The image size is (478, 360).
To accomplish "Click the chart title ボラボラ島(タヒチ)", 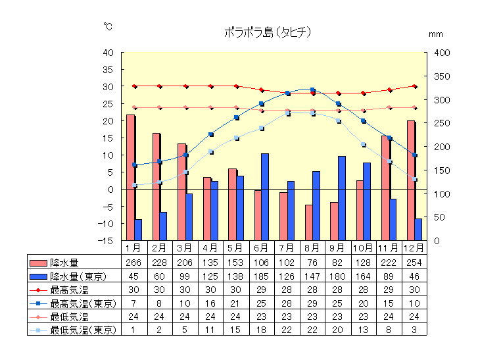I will click(267, 32).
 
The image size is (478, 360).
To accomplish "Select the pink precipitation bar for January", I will click(130, 178).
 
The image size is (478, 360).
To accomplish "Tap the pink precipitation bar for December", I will click(411, 180).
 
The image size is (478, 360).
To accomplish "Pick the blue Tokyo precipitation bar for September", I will click(342, 198).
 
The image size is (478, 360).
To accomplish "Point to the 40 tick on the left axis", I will click(108, 53).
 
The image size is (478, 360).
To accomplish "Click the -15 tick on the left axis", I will click(106, 241).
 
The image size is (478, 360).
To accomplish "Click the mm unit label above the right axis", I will click(436, 33).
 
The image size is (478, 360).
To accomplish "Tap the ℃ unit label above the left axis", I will click(108, 27).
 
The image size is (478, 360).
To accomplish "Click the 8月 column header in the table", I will click(312, 248).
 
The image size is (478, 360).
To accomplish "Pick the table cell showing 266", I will click(133, 263).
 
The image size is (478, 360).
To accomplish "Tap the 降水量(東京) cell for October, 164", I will click(363, 276).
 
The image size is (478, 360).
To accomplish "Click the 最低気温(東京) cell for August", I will click(312, 330).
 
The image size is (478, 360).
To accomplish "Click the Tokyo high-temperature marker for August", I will click(313, 90).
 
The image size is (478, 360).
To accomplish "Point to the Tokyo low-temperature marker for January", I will click(135, 185).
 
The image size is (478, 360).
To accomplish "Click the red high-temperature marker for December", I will click(414, 86).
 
